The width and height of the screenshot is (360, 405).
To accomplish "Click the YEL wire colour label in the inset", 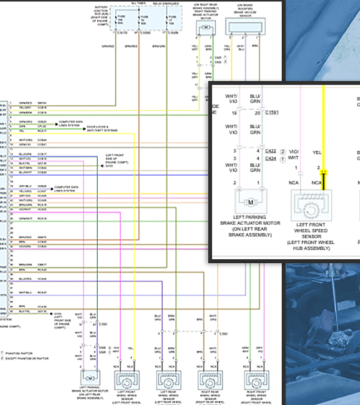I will pyautogui.click(x=317, y=152).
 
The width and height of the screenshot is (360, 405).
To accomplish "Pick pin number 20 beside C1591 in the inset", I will pyautogui.click(x=258, y=113).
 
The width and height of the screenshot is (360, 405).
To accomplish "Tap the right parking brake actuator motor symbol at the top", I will pyautogui.click(x=204, y=28).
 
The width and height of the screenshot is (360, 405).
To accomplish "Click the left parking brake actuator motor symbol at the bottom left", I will pyautogui.click(x=90, y=378).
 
